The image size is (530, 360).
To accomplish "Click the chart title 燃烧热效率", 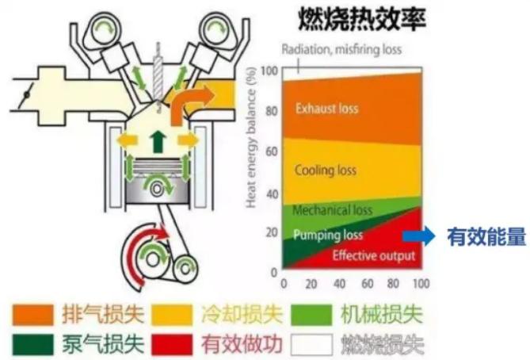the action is coord(362,20).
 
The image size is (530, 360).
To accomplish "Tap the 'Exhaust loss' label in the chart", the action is coord(326,109).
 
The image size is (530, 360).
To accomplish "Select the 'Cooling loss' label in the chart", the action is coord(326,170).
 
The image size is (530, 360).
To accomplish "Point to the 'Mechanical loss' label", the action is coord(332,210).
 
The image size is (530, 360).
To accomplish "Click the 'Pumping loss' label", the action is coord(328,235).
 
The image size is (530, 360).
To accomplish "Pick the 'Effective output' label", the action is coord(373,255).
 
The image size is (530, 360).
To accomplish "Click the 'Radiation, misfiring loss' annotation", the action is coord(341,50).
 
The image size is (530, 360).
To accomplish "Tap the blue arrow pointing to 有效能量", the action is coord(418,236).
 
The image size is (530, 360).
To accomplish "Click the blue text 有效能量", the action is coord(486,236).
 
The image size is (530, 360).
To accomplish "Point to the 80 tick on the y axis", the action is coord(272,111).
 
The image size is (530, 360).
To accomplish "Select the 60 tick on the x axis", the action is coord(367,284).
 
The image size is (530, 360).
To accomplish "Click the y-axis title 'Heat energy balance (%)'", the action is coord(250,137).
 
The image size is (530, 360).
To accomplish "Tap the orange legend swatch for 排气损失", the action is coord(32,314).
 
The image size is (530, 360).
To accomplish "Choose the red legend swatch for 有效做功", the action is coord(172,344).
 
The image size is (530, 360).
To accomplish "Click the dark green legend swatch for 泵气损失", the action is coord(32,344).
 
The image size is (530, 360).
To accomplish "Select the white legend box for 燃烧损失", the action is coord(312,344).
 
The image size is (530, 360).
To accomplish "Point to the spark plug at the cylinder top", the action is coord(158,76).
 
